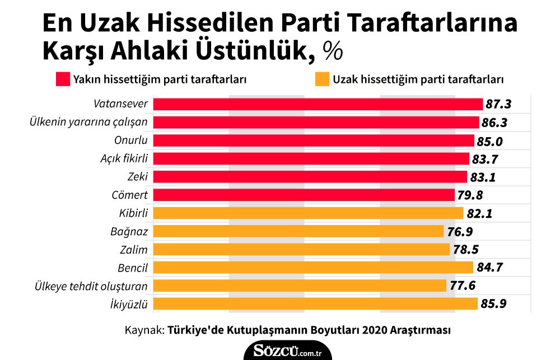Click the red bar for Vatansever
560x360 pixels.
pos(318,104)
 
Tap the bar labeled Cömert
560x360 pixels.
pos(304,195)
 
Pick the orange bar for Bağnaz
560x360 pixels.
pos(298,231)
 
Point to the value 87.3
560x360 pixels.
pos(499,105)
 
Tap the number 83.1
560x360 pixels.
pos(482,177)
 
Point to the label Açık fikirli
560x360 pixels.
pos(120,159)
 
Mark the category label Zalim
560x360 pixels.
pos(134,250)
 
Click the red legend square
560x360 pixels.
pos(62,78)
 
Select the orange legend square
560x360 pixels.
pos(321,78)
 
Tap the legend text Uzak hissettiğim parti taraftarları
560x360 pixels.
pos(418,79)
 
